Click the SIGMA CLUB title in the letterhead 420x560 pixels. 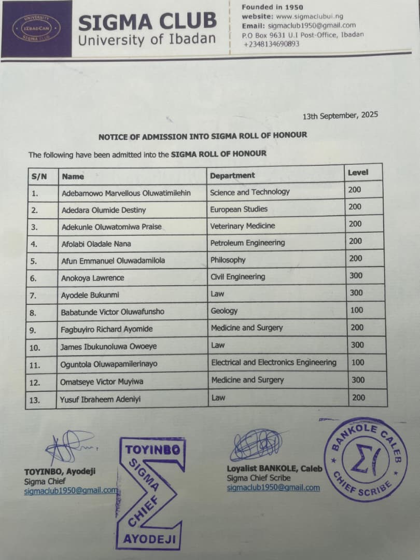click(x=147, y=21)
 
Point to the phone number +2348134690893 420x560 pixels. click(x=271, y=44)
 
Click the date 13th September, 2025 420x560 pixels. click(x=340, y=116)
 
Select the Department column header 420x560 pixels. click(x=232, y=176)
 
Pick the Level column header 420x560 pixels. click(x=358, y=172)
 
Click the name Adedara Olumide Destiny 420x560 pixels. click(x=104, y=210)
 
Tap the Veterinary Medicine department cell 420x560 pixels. click(x=243, y=226)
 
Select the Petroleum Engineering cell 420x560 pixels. click(x=247, y=243)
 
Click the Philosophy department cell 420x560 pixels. click(x=228, y=260)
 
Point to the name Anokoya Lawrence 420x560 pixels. click(x=93, y=278)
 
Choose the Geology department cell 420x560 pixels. click(x=224, y=311)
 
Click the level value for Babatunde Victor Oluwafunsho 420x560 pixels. click(x=357, y=310)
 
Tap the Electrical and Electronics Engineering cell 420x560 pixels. click(x=273, y=362)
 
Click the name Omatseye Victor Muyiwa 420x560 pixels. click(x=102, y=382)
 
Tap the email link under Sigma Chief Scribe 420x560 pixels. click(x=273, y=488)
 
